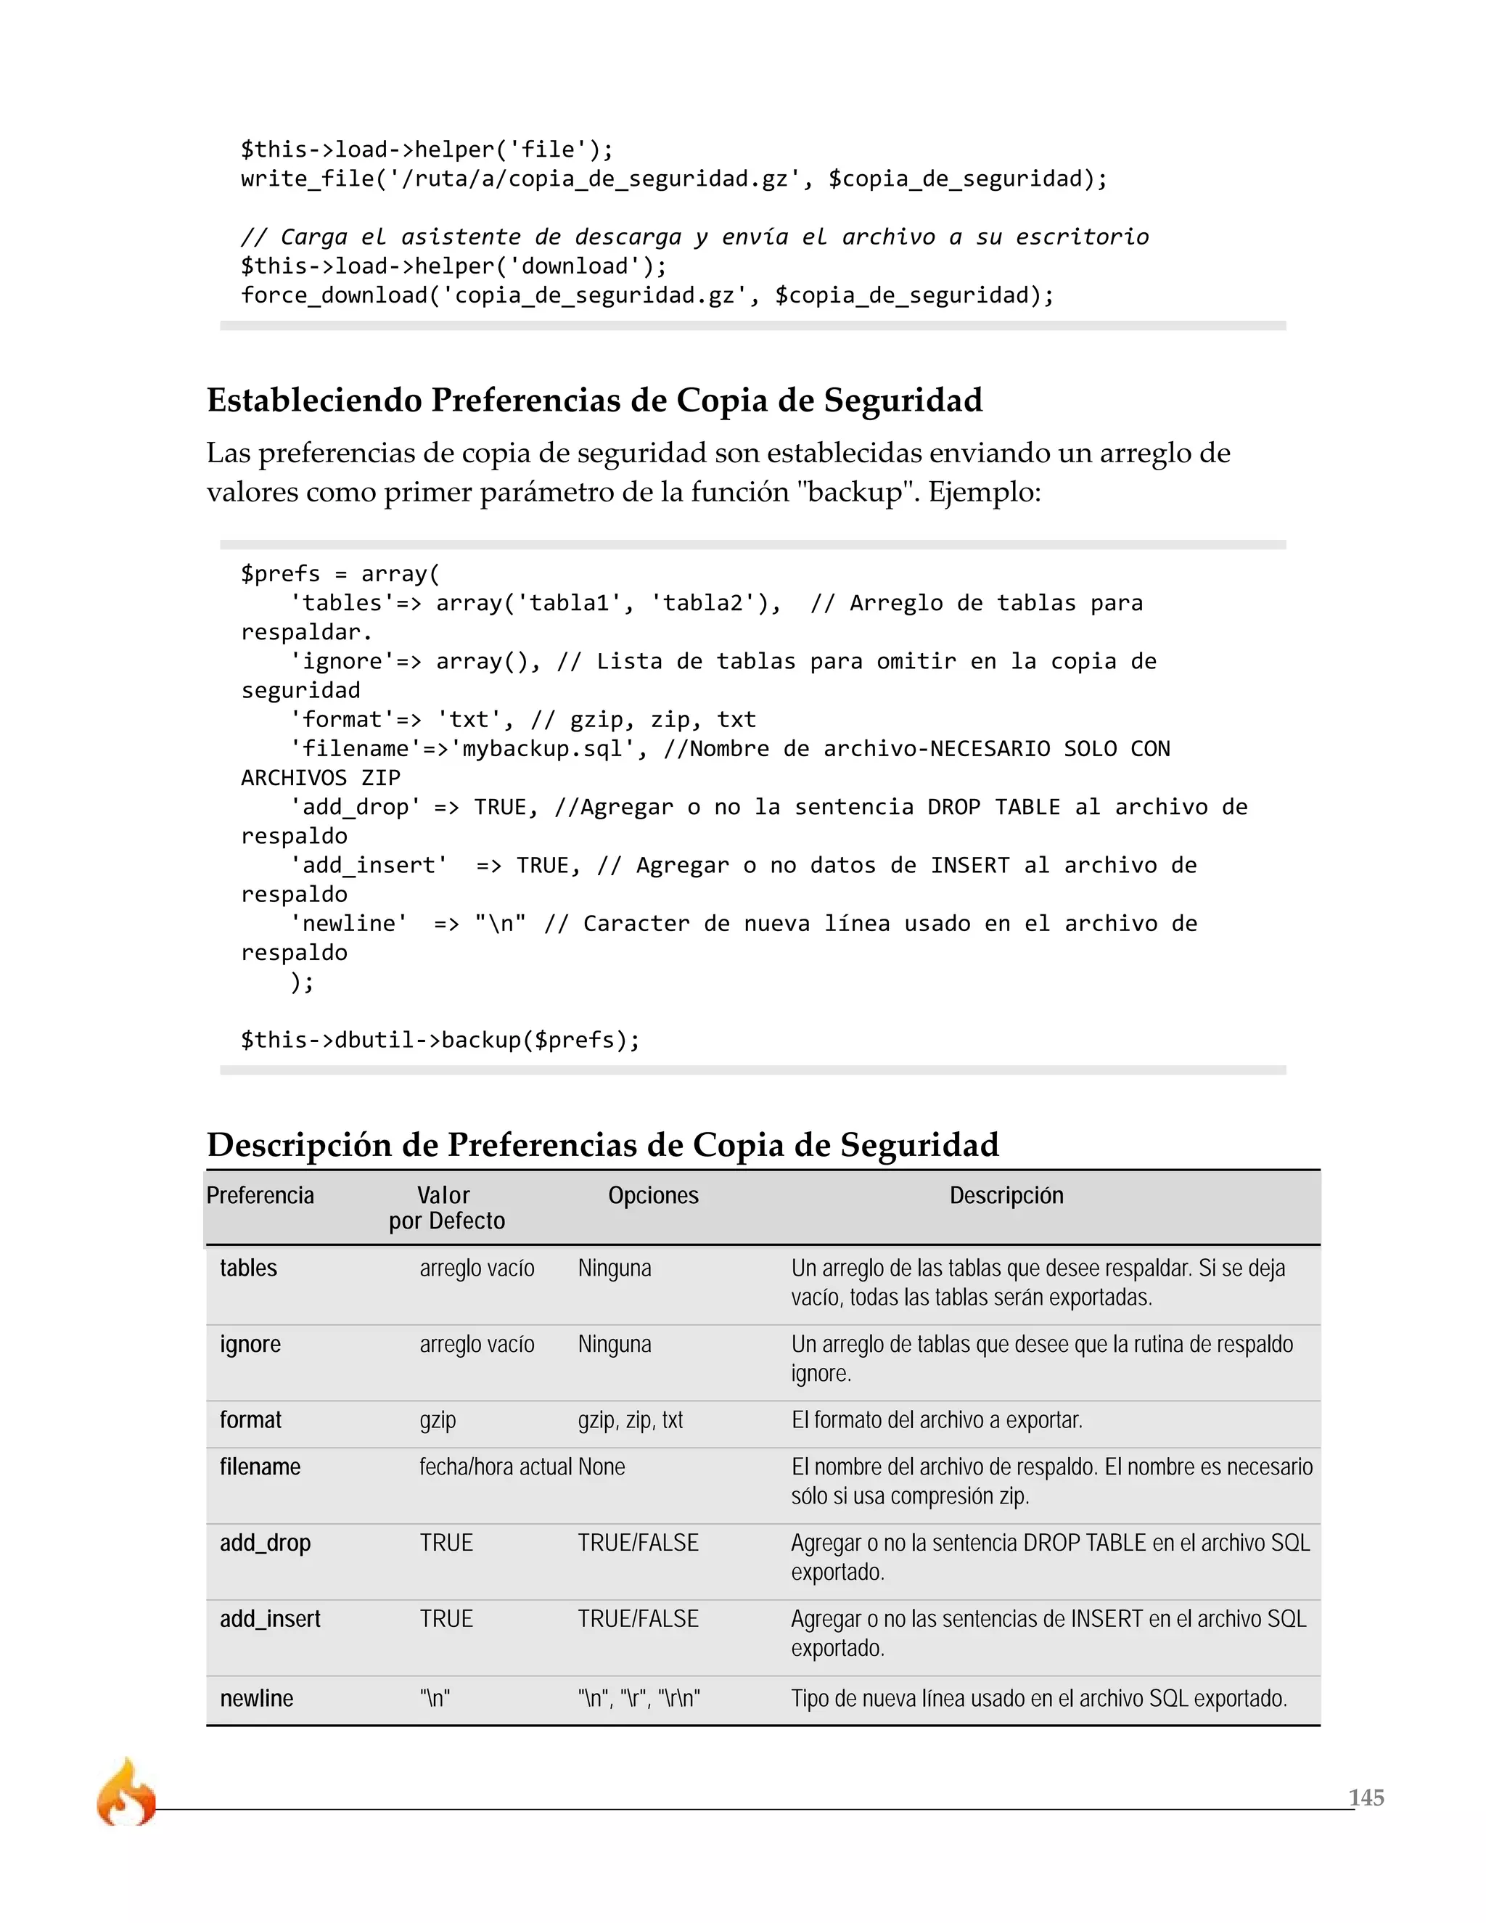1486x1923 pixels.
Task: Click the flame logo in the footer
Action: (x=126, y=1792)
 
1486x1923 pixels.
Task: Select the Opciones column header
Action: (x=652, y=1195)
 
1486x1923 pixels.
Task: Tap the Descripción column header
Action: (x=1006, y=1195)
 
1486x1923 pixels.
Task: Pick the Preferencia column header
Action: (x=260, y=1195)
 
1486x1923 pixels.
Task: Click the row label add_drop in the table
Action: (x=265, y=1543)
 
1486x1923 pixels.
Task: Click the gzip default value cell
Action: (x=438, y=1419)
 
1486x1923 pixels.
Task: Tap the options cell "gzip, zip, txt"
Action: (x=631, y=1419)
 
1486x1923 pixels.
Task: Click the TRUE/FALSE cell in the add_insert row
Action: (x=639, y=1618)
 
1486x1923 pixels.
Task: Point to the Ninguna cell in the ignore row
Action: (x=615, y=1344)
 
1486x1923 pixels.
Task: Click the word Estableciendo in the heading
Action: (x=314, y=400)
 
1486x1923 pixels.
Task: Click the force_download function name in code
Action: (x=334, y=295)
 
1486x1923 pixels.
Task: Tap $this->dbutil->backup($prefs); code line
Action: (x=440, y=1040)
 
